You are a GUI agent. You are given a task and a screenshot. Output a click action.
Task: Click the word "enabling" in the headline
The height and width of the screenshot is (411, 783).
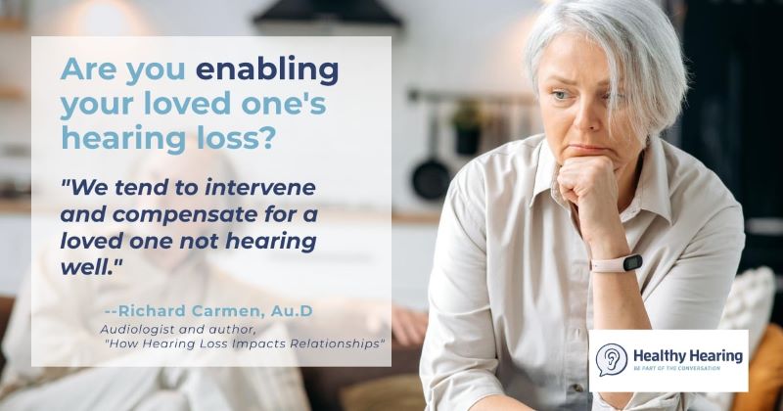click(267, 69)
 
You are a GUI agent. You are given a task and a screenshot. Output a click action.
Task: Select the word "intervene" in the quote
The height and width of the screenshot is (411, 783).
click(260, 188)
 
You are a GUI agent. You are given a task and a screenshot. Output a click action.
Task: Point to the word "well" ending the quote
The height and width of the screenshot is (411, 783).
click(89, 267)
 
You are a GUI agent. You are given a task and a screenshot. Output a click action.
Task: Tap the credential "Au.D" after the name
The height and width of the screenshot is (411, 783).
click(292, 311)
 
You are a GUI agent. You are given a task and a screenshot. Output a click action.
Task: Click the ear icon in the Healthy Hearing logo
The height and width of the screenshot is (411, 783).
click(612, 359)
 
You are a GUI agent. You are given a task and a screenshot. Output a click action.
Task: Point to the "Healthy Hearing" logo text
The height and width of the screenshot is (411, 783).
click(688, 355)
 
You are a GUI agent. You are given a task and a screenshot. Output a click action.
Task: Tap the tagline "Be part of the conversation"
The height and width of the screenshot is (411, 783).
click(676, 369)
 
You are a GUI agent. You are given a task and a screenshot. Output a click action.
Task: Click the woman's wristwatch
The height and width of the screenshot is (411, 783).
click(618, 263)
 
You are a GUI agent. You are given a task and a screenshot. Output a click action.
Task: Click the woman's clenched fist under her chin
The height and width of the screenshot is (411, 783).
click(584, 182)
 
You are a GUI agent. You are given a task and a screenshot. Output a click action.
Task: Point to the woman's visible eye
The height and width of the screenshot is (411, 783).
click(561, 95)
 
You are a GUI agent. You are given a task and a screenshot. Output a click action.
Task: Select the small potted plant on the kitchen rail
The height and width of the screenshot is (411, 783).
click(467, 128)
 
